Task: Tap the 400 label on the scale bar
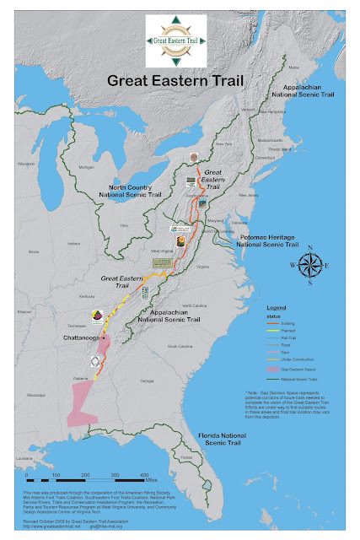[144, 475]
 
